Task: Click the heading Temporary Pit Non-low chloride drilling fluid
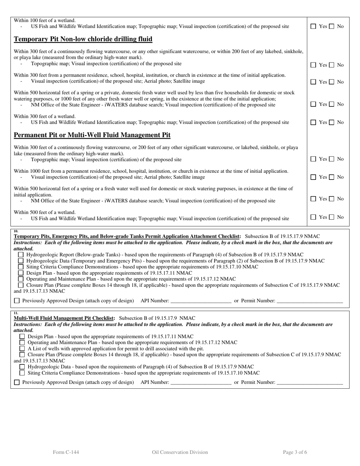click(x=83, y=39)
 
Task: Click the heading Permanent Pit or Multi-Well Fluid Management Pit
click(x=92, y=135)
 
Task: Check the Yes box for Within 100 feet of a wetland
click(x=313, y=27)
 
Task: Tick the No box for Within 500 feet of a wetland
click(x=331, y=217)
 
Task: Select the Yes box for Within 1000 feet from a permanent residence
click(x=313, y=177)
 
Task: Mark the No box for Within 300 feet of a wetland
click(x=331, y=122)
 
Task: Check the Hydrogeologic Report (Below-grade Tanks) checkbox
click(x=21, y=255)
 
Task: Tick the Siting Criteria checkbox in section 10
click(x=21, y=267)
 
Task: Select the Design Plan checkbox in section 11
click(x=22, y=336)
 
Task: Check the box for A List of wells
click(x=22, y=349)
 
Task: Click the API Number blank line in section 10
click(x=201, y=301)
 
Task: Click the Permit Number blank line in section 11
click(x=310, y=383)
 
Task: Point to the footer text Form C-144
click(x=66, y=452)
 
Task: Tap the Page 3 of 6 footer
click(x=295, y=452)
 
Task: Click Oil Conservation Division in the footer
click(x=180, y=452)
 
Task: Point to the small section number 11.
click(x=16, y=313)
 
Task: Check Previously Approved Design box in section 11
click(x=17, y=383)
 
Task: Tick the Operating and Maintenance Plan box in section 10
click(x=21, y=279)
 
